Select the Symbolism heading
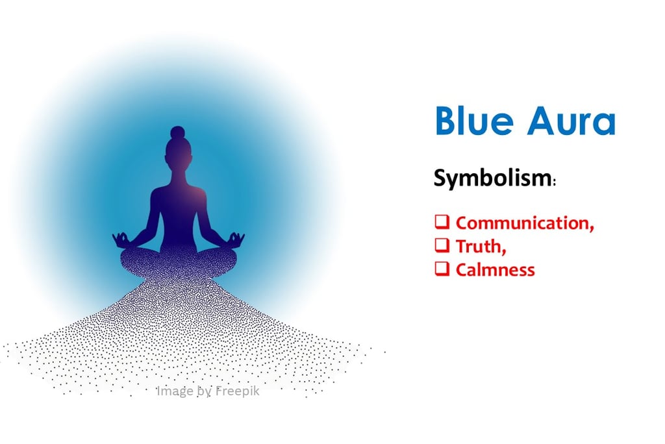click(x=492, y=178)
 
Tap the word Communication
click(x=522, y=223)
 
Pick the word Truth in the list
click(x=479, y=246)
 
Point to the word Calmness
click(x=495, y=269)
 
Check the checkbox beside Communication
click(x=442, y=223)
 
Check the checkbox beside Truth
click(x=442, y=246)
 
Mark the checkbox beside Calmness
click(x=442, y=269)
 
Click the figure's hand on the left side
click(x=121, y=240)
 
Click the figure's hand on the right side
click(x=236, y=240)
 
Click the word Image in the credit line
click(x=174, y=391)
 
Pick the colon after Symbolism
click(x=554, y=184)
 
